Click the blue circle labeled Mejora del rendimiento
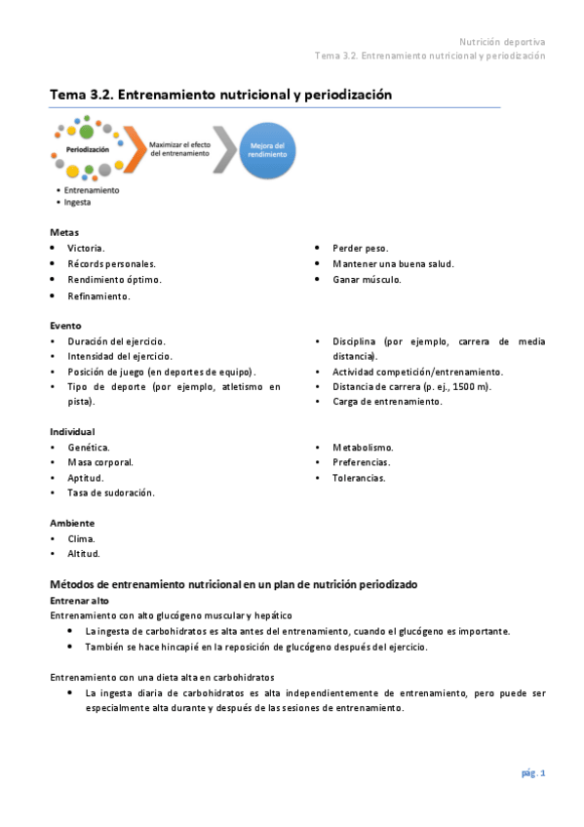[x=265, y=150]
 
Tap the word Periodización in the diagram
[x=89, y=149]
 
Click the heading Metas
[x=64, y=232]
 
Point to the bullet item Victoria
[x=86, y=249]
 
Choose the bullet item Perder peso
[x=360, y=249]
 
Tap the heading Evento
[x=65, y=325]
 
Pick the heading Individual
[x=72, y=431]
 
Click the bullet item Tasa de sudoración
[x=111, y=493]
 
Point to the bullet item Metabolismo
[x=363, y=448]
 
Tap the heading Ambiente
[x=72, y=523]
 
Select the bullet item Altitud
[x=84, y=554]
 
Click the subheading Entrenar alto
[x=79, y=601]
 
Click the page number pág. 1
[x=532, y=773]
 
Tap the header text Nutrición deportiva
[x=502, y=42]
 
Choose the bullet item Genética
[x=88, y=448]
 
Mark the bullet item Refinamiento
[x=98, y=295]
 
